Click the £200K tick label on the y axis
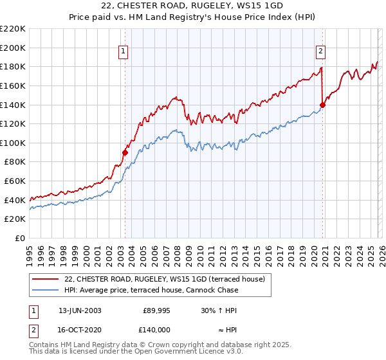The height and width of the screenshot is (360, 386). pyautogui.click(x=13, y=48)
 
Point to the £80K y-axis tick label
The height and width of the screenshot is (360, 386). pyautogui.click(x=15, y=162)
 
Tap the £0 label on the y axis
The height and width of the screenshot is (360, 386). pyautogui.click(x=20, y=239)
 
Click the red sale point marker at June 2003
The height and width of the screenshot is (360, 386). pyautogui.click(x=125, y=152)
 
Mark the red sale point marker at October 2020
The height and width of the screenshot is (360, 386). pyautogui.click(x=322, y=105)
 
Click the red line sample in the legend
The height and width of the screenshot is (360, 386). pyautogui.click(x=46, y=279)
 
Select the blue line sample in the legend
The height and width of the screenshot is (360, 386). pyautogui.click(x=46, y=290)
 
